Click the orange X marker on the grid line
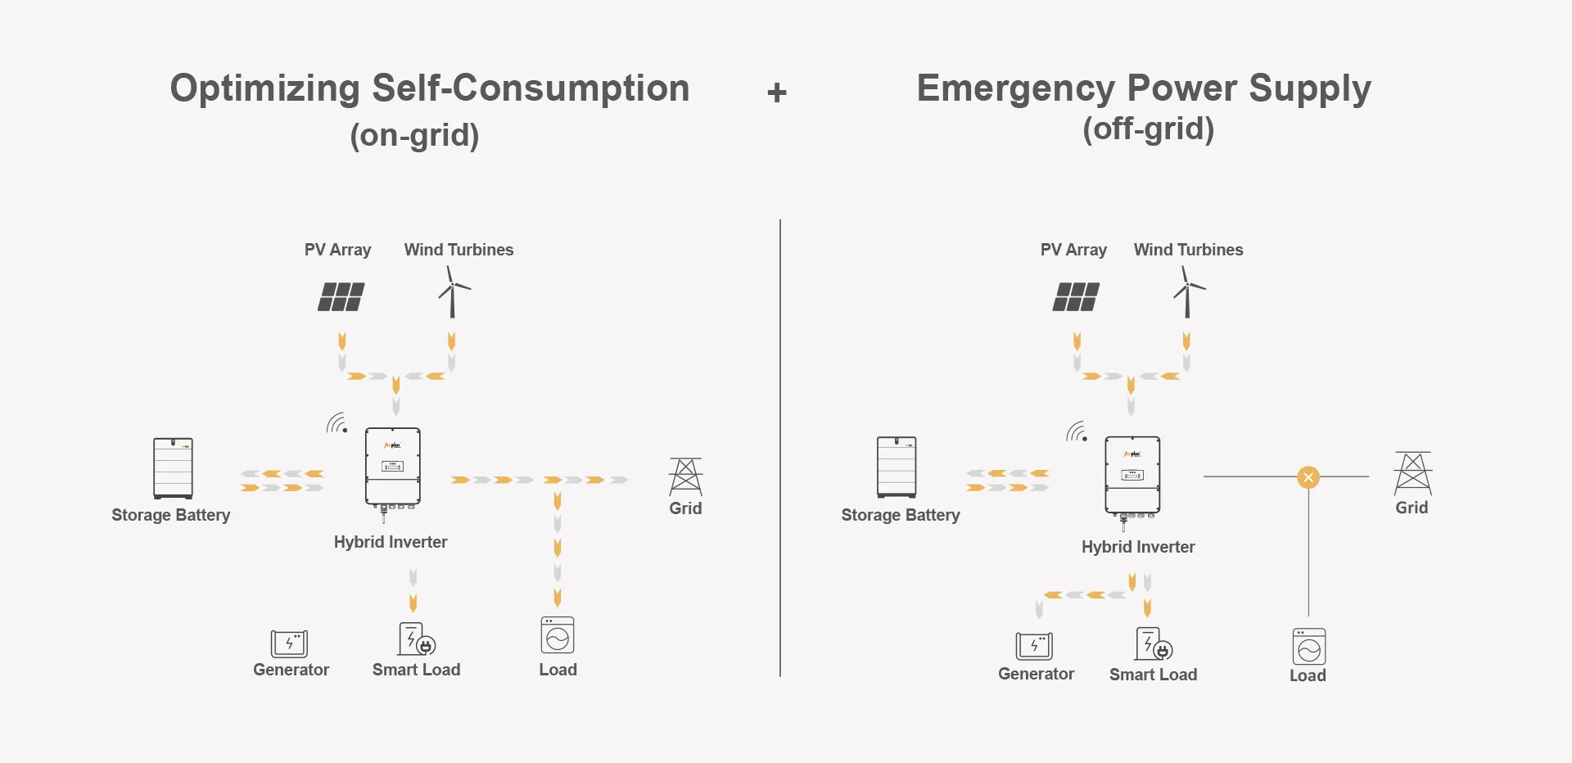point(1308,477)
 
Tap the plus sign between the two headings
point(777,93)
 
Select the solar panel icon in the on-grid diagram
point(341,296)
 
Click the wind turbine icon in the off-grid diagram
point(1188,291)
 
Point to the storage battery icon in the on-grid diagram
point(173,468)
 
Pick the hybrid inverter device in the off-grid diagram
point(1132,476)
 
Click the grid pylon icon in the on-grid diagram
point(685,476)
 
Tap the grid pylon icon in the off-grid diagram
point(1412,472)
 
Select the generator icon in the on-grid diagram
point(289,643)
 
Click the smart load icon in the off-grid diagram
point(1153,644)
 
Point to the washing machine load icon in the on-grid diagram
point(558,635)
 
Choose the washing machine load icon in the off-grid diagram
point(1308,647)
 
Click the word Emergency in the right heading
point(1015,88)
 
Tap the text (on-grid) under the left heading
point(414,135)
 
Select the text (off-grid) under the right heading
point(1148,129)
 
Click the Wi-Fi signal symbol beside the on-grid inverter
point(337,423)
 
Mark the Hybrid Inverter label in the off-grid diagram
point(1137,547)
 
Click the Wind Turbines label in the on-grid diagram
point(458,250)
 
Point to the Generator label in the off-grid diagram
point(1036,674)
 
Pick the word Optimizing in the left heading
point(264,88)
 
